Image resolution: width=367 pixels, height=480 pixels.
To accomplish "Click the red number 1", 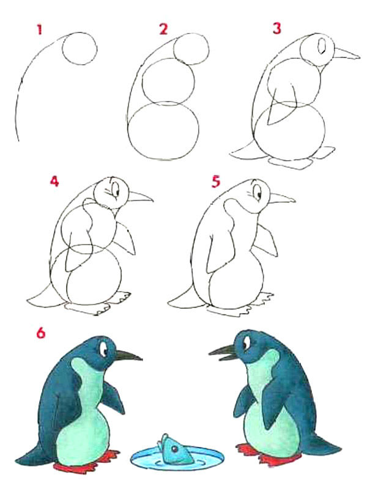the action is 39,30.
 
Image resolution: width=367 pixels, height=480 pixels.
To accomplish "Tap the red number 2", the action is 163,29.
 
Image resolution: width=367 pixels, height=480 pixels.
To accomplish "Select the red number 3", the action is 276,29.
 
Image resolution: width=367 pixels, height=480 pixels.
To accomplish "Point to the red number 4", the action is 54,182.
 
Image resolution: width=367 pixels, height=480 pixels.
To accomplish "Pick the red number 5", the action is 216,182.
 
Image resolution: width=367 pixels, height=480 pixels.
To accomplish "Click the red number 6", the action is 41,333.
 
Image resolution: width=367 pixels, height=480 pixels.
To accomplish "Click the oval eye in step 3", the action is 322,46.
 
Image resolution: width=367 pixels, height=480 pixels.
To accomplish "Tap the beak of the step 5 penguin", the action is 282,199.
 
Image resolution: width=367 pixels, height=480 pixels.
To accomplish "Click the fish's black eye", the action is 174,449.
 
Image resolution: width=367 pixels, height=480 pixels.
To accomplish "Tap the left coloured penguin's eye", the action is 104,349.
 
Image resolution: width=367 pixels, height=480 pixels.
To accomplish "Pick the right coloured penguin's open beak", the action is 223,353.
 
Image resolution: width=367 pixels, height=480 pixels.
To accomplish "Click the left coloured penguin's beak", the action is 128,355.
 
